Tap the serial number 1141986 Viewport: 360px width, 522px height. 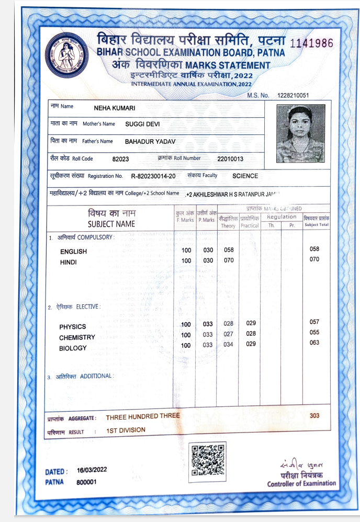pyautogui.click(x=311, y=43)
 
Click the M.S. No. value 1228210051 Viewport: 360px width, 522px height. pyautogui.click(x=294, y=95)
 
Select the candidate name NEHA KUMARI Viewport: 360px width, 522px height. pyautogui.click(x=115, y=108)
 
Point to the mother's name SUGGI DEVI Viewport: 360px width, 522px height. pyautogui.click(x=142, y=124)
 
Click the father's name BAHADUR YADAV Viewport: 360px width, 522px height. pyautogui.click(x=150, y=141)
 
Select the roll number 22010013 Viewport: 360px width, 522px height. pyautogui.click(x=230, y=158)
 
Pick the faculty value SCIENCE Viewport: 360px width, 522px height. pyautogui.click(x=245, y=176)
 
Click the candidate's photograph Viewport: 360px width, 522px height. pyautogui.click(x=297, y=127)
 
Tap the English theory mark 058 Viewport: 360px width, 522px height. pyautogui.click(x=228, y=250)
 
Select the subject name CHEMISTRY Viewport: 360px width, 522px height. pyautogui.click(x=77, y=337)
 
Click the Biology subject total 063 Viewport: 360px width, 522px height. pyautogui.click(x=314, y=343)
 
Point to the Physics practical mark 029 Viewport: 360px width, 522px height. pyautogui.click(x=251, y=323)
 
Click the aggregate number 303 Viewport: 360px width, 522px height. pyautogui.click(x=314, y=415)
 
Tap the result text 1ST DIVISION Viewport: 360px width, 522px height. pyautogui.click(x=126, y=430)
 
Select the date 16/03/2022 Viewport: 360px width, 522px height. pyautogui.click(x=92, y=470)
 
